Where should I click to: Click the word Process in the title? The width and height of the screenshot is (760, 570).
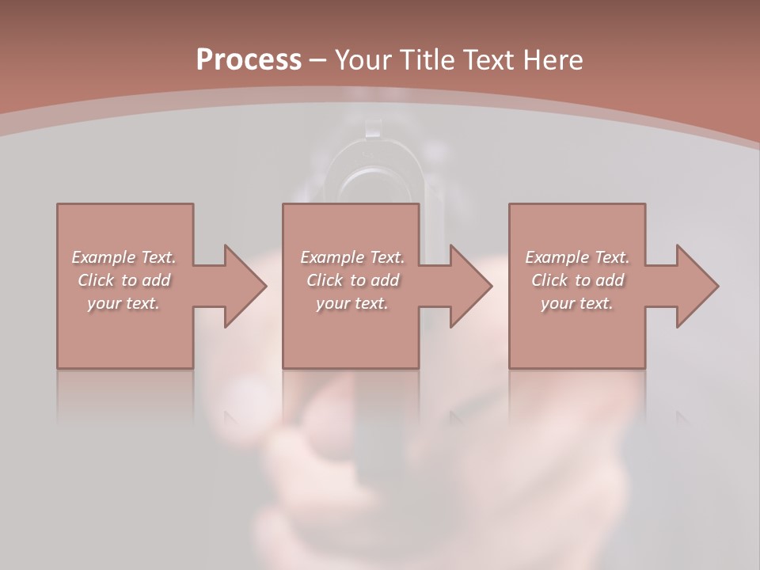[x=249, y=59]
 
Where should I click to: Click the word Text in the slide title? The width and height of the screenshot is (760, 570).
[x=488, y=59]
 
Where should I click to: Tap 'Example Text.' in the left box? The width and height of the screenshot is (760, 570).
[x=123, y=257]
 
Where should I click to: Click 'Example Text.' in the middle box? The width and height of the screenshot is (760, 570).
[x=352, y=257]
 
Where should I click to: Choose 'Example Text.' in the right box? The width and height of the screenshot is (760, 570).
[x=577, y=257]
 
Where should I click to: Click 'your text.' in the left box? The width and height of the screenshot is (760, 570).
[x=123, y=303]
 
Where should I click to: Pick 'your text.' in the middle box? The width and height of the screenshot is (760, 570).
[x=352, y=303]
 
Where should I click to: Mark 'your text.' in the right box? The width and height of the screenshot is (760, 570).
[x=577, y=303]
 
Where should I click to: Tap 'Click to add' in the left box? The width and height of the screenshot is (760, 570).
[x=123, y=280]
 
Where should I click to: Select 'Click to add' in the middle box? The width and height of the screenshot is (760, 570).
[x=352, y=280]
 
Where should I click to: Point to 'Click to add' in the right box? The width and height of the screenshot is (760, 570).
[x=577, y=280]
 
